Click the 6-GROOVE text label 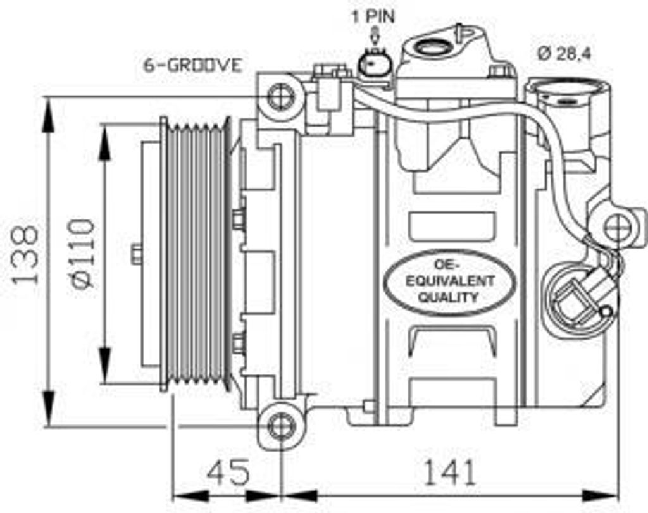point(192,65)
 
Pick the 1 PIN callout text point(373,17)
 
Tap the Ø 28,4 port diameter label point(564,53)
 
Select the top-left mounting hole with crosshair point(282,97)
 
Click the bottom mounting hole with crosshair point(282,426)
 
